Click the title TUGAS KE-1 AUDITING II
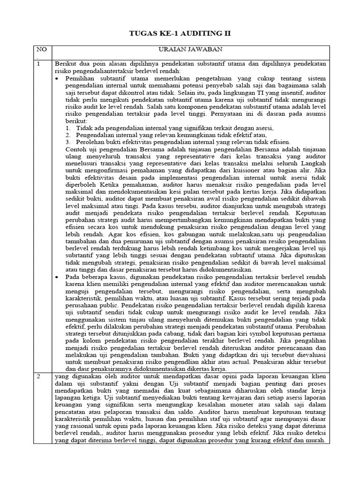[x=180, y=34]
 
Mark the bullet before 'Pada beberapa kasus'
[x=57, y=277]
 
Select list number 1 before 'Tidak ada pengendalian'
[x=68, y=128]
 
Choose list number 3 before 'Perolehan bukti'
[x=68, y=142]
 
